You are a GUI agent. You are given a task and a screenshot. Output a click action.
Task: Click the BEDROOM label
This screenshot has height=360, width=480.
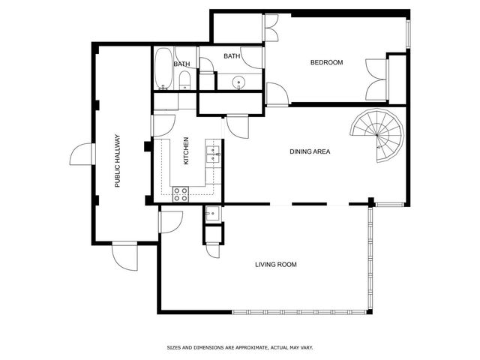326,62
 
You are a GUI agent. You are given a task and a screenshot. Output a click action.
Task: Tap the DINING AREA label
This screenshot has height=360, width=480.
310,151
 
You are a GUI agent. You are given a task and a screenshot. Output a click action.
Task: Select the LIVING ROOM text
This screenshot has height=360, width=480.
276,265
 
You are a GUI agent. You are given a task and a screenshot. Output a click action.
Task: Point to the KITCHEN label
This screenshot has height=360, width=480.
186,151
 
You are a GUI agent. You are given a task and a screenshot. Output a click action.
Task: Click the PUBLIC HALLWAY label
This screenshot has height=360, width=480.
118,161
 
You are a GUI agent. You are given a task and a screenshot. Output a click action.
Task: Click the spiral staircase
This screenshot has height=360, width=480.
377,135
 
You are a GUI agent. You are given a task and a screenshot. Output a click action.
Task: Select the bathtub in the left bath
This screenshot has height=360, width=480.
163,68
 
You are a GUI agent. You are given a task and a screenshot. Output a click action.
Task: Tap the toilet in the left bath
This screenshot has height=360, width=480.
184,80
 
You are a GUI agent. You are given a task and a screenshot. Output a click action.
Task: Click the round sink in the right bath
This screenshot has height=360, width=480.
238,82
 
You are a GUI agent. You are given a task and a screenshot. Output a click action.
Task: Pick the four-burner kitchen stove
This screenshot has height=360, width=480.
181,194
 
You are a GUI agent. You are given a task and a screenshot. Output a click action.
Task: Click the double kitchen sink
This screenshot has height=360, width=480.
213,154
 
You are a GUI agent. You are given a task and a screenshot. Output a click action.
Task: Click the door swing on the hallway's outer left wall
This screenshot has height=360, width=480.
81,154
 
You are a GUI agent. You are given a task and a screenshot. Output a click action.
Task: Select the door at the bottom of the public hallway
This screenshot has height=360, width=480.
125,256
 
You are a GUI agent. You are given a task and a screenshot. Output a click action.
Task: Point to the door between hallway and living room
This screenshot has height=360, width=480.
170,222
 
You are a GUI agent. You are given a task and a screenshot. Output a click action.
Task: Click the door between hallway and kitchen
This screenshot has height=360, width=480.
163,125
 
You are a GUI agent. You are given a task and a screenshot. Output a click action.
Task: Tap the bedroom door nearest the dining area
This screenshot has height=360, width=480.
277,94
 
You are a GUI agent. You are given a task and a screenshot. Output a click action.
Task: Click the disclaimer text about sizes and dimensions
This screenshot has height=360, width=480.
240,347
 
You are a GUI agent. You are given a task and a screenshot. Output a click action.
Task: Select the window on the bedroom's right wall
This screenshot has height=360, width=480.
408,34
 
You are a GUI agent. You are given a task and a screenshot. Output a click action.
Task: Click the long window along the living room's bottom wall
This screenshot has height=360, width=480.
299,312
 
